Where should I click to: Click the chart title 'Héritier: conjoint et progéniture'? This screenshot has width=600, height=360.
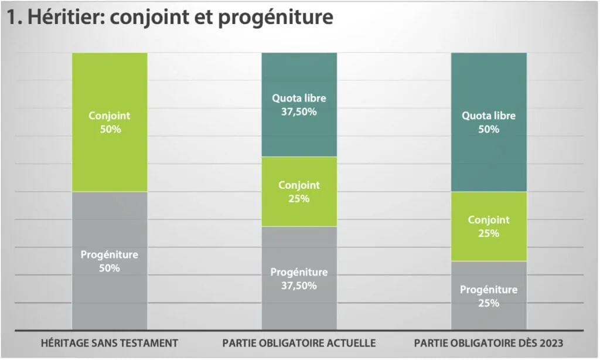(170, 18)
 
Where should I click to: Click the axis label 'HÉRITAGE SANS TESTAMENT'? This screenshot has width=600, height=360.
(109, 343)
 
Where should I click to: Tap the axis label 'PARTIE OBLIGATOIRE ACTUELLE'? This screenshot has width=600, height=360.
(299, 343)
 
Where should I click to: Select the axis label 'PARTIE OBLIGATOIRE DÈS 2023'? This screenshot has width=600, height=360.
(488, 343)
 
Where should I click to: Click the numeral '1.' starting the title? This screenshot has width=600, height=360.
(14, 18)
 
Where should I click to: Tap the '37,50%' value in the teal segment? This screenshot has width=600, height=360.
(299, 111)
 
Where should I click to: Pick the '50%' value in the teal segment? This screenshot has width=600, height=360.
(489, 129)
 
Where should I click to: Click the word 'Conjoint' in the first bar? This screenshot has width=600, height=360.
(110, 116)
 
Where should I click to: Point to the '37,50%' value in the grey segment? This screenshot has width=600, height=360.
(299, 286)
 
